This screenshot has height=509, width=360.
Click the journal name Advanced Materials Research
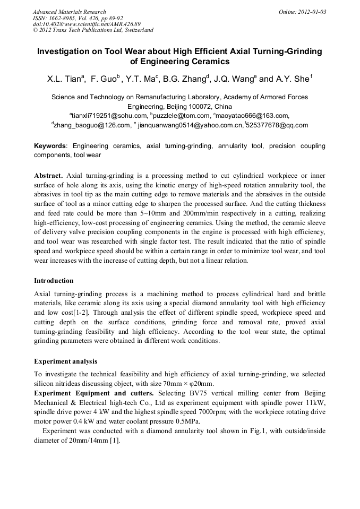point(70,12)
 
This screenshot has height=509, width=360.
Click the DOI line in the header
point(87,24)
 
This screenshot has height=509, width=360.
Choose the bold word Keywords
point(50,145)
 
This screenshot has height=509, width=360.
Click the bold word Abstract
point(48,175)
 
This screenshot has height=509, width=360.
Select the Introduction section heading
point(54,281)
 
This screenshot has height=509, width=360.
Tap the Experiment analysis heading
point(65,361)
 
